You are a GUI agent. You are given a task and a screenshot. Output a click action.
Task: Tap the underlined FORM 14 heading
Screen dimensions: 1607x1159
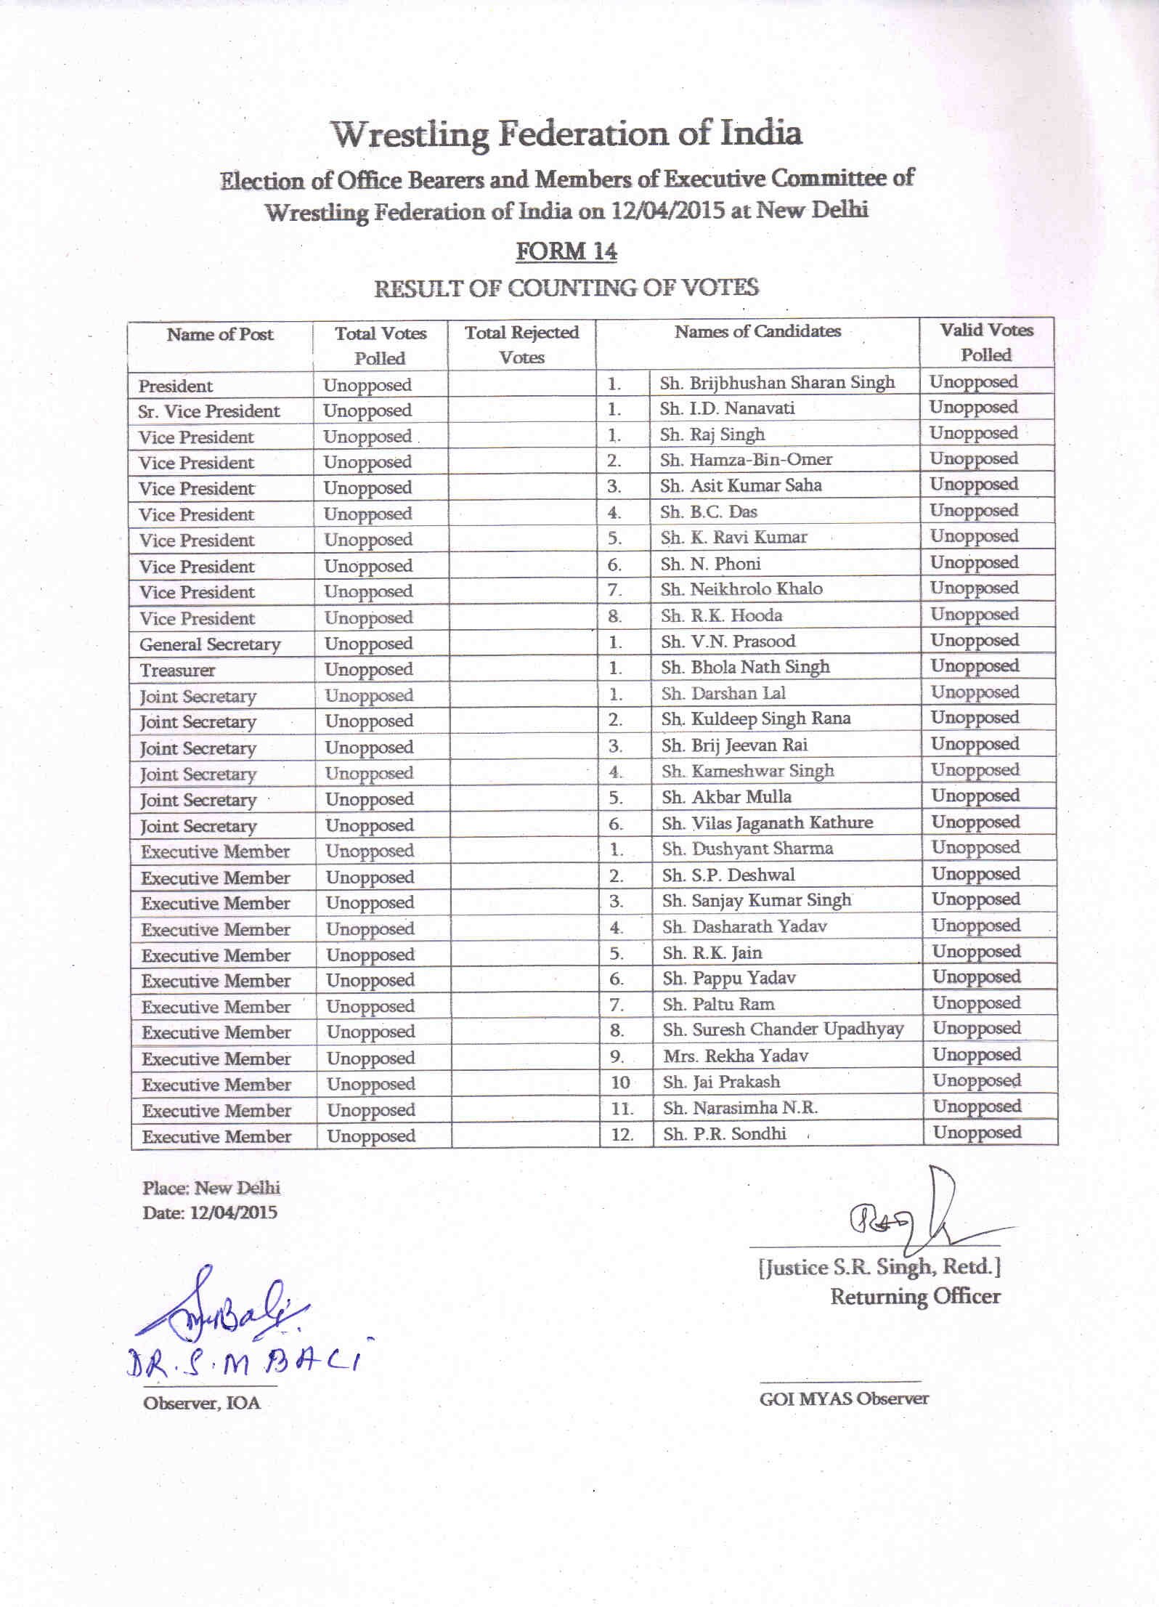566,251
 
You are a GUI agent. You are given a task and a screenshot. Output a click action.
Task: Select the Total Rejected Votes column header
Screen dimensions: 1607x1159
521,344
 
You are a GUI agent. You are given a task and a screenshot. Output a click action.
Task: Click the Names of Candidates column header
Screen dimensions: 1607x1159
757,331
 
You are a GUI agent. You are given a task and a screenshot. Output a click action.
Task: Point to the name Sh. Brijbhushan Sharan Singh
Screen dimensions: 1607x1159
777,383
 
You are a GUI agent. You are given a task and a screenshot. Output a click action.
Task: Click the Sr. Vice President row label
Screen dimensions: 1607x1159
208,411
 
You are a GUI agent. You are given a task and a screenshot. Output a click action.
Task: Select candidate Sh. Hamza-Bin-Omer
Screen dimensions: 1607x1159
746,459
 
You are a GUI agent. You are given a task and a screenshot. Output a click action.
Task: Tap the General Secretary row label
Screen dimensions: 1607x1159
209,644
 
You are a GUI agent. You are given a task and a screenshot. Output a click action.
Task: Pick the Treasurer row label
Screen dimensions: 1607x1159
177,670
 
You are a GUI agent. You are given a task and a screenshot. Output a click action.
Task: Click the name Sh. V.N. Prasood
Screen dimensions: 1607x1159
728,641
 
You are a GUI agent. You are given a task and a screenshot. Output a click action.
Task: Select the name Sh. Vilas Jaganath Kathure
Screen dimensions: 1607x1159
767,822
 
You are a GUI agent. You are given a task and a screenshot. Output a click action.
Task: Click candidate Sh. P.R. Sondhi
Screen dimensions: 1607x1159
724,1133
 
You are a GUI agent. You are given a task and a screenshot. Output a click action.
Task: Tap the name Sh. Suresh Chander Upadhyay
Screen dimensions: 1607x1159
783,1029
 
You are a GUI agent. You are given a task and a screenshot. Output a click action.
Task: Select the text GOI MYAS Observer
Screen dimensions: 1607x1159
844,1398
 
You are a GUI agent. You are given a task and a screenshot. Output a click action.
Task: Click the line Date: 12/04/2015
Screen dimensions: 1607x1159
210,1213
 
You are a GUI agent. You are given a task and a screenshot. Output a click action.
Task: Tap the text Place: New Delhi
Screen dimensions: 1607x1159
211,1188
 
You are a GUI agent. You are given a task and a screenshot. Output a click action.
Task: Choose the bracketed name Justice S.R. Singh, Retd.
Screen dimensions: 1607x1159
879,1268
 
